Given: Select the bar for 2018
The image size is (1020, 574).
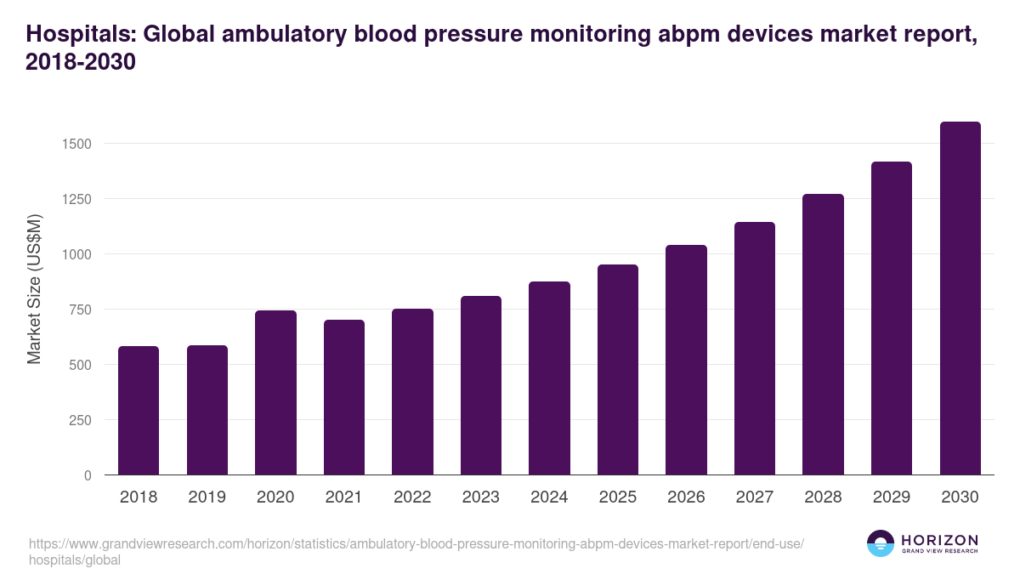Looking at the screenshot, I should (139, 411).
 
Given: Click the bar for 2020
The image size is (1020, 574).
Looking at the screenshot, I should (275, 393).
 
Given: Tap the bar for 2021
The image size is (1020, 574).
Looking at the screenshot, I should (344, 397).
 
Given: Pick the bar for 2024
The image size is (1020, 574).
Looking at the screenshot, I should (549, 378).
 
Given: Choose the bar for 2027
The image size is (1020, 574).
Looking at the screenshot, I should (755, 349).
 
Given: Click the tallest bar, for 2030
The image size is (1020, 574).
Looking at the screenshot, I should (960, 298).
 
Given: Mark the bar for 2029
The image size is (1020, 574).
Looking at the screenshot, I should (892, 318).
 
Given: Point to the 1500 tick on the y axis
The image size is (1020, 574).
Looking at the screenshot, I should (76, 144).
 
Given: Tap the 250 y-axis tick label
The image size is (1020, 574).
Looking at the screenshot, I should (80, 420).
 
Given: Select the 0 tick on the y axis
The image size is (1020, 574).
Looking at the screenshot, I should (88, 475).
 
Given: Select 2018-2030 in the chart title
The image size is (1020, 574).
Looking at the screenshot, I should (81, 63).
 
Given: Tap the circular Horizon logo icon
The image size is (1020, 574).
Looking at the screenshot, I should (880, 543).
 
